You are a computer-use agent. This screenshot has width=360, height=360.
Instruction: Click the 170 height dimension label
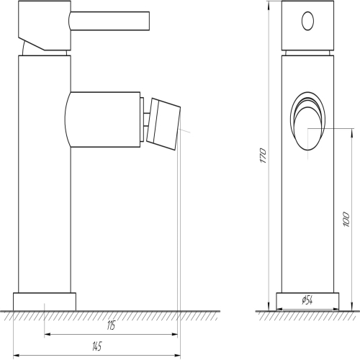[x=264, y=156]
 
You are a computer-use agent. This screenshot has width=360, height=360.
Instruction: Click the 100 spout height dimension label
[x=346, y=219]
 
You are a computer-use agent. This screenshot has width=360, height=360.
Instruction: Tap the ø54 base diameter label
[x=307, y=300]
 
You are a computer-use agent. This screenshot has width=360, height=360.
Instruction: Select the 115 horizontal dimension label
[x=111, y=325]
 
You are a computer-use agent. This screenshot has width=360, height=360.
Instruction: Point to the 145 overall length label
[x=97, y=346]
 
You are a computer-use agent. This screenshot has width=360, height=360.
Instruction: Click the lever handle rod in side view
[x=109, y=21]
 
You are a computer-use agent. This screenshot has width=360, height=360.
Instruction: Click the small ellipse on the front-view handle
[x=307, y=21]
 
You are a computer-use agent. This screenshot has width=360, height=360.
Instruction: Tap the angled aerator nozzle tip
[x=163, y=124]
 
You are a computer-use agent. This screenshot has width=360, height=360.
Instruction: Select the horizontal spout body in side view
[x=102, y=120]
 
